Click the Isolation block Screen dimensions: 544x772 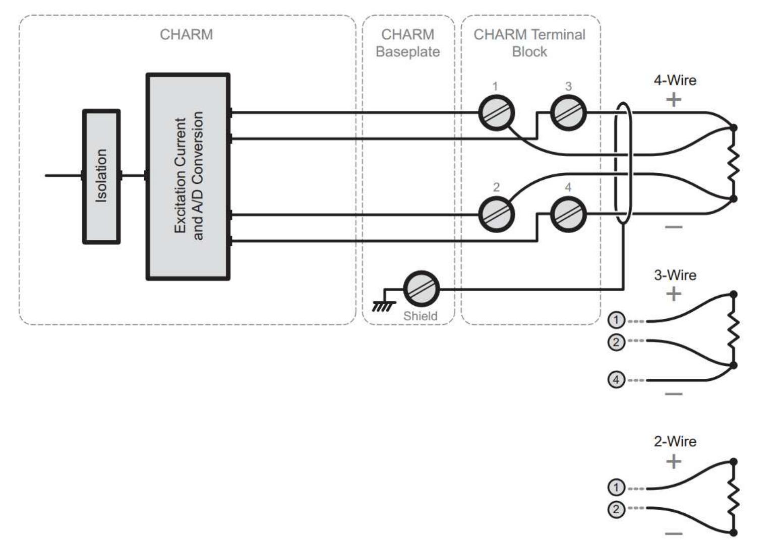coord(101,176)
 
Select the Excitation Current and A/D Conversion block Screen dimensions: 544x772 coord(188,176)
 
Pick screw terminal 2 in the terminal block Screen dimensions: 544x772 coord(496,215)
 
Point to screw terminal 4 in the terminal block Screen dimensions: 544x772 coord(568,215)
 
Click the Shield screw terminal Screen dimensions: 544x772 coord(421,289)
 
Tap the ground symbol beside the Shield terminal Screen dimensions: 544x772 coord(381,304)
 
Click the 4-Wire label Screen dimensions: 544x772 coord(675,80)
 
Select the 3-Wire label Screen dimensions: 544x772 coord(675,275)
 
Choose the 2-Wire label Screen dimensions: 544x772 coord(675,441)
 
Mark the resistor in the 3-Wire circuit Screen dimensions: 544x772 coord(733,330)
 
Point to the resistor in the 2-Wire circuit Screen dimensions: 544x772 coord(733,497)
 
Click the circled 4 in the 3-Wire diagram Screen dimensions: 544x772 coord(616,379)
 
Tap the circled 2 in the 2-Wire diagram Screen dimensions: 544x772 coord(616,509)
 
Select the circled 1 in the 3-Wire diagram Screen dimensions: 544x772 coord(616,320)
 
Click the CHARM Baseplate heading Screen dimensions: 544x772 coord(407,43)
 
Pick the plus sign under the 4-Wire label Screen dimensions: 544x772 coord(673,100)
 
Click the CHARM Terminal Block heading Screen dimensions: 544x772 coord(529,43)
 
